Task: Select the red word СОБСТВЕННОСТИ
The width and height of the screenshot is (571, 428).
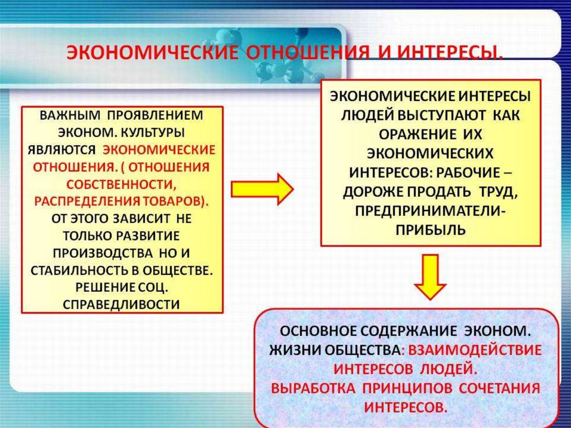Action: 122,184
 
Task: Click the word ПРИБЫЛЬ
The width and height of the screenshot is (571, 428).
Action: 430,229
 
